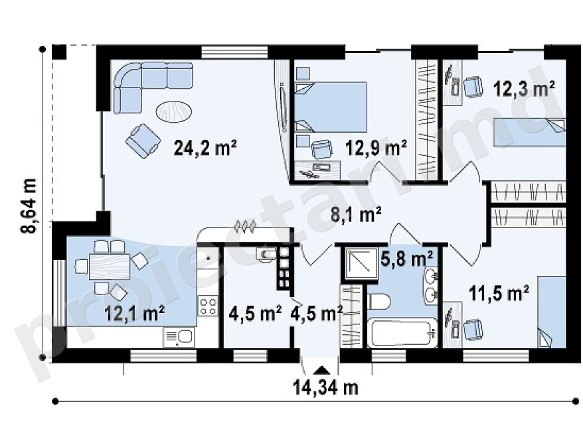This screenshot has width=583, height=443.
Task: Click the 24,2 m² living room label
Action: coord(205,148)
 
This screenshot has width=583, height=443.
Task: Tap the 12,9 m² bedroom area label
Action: coord(376,148)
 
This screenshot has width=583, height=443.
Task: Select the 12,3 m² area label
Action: coord(524,89)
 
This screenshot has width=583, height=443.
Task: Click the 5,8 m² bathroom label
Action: coord(407,258)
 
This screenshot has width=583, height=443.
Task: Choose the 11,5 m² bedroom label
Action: coord(499,292)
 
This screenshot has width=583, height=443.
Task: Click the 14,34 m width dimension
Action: coord(325,388)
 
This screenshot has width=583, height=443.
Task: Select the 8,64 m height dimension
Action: coord(29,206)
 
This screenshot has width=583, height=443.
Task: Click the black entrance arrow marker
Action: coord(321,370)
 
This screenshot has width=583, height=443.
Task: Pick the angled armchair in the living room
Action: coord(143,141)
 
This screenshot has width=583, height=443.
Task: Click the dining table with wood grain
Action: coord(110,266)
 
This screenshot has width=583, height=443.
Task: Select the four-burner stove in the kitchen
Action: coord(208,306)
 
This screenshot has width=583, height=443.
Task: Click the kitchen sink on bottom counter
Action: coord(179,337)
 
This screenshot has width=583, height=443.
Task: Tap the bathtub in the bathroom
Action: coord(402,333)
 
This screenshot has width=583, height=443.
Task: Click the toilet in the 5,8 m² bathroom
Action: coord(378,302)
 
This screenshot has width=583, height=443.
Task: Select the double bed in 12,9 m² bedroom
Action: coord(331,107)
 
